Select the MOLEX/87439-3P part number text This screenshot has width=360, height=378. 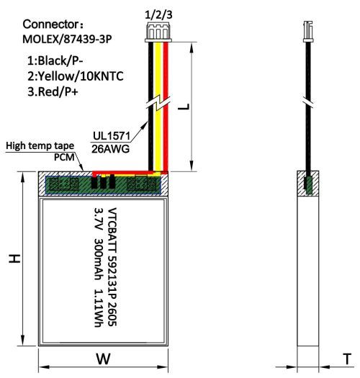click(x=67, y=40)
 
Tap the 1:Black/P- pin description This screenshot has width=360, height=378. click(x=55, y=60)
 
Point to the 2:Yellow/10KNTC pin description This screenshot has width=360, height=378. click(x=76, y=76)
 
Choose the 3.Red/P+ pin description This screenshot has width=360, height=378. click(x=53, y=91)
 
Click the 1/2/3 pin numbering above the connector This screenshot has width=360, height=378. click(x=158, y=15)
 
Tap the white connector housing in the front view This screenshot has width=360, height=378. click(x=158, y=32)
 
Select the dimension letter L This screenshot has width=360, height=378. click(x=184, y=107)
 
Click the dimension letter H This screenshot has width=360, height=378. click(x=14, y=258)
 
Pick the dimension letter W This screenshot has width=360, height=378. click(x=104, y=359)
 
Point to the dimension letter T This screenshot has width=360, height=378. click(x=347, y=359)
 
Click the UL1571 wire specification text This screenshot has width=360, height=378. click(x=112, y=136)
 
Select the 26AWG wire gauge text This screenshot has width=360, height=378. click(x=110, y=149)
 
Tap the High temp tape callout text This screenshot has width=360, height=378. click(x=40, y=146)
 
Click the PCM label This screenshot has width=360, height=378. click(x=64, y=157)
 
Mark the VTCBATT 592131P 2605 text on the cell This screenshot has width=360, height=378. click(x=112, y=267)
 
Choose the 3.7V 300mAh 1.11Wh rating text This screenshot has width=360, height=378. click(x=99, y=267)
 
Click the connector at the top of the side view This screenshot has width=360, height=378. click(x=308, y=32)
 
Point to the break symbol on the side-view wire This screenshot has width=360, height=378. click(x=308, y=102)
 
